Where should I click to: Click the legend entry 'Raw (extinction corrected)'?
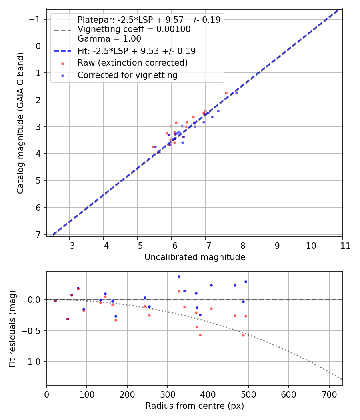click(132, 63)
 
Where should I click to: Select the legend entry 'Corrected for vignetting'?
click(127, 75)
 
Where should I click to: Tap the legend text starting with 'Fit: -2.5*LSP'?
click(136, 51)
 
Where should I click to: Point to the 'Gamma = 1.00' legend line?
click(109, 39)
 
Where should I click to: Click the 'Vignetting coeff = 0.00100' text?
click(134, 29)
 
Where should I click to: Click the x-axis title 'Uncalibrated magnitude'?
click(194, 257)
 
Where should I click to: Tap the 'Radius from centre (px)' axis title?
click(194, 406)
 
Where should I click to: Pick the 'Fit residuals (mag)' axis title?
click(12, 328)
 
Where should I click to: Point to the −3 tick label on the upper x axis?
click(69, 245)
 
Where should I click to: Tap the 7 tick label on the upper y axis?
click(38, 234)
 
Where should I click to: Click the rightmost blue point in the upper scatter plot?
click(236, 93)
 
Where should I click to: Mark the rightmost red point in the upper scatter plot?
click(226, 93)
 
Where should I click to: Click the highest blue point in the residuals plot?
click(179, 276)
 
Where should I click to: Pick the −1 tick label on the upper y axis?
click(35, 19)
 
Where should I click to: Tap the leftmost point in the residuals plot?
click(55, 301)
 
